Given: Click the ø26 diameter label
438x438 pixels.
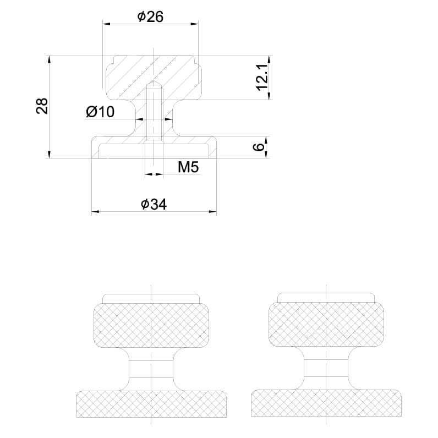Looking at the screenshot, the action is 150,17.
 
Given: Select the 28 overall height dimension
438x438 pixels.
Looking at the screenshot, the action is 42,106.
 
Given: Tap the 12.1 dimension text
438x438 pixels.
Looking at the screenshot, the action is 262,76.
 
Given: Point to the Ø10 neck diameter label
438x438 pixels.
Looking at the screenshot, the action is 100,112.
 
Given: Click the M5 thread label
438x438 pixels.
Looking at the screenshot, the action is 188,167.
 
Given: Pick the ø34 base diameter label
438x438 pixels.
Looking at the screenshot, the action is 154,204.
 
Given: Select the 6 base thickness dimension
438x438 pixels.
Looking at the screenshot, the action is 259,147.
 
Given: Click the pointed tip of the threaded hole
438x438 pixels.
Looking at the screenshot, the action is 154,81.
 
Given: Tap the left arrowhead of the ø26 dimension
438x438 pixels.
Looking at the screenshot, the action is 106,24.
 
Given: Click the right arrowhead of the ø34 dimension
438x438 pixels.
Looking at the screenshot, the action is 212,211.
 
